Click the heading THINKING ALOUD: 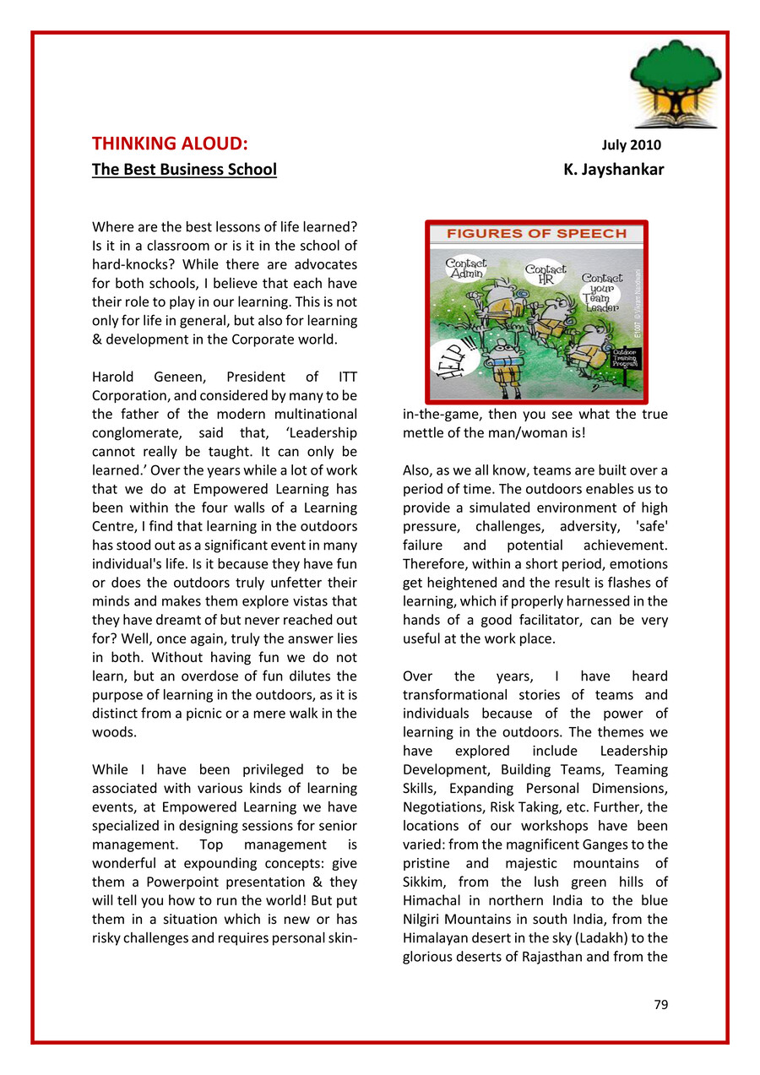pos(170,143)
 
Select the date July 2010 pos(636,144)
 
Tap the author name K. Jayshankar pos(614,170)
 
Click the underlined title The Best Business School pos(184,170)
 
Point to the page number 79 pos(661,1005)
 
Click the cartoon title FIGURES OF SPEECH pos(536,234)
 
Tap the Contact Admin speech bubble pos(466,269)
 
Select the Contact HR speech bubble pos(546,274)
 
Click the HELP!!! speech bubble pos(453,354)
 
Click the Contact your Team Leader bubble pos(602,290)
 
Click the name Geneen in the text pos(178,377)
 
